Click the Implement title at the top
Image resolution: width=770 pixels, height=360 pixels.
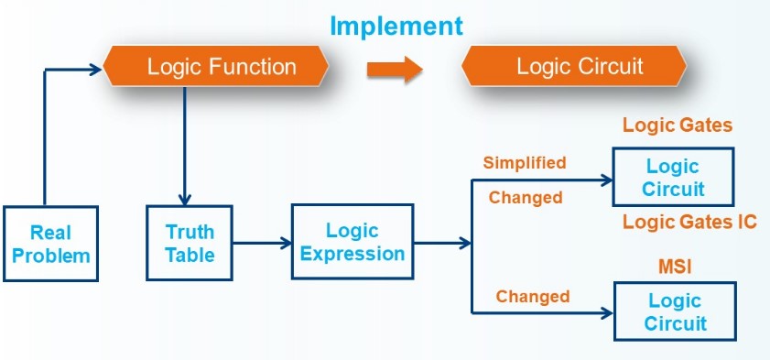coord(396,26)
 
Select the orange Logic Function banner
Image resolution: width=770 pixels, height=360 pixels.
coord(215,66)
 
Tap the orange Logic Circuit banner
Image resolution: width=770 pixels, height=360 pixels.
coord(573,66)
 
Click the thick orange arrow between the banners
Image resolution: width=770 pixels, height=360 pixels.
coord(395,70)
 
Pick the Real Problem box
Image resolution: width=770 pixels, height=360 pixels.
coord(50,244)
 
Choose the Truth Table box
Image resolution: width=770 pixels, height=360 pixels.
coord(189,243)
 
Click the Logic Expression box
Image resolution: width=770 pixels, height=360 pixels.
coord(352,242)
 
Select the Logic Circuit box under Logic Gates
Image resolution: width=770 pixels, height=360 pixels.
coord(673,177)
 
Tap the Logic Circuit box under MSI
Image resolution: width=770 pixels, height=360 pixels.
coord(675,311)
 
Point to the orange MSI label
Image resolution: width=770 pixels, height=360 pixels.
coord(675,267)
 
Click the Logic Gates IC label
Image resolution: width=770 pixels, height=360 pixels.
coord(689,222)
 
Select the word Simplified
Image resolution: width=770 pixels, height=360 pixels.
coord(525,162)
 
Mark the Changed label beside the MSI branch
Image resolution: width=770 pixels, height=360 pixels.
coord(533,297)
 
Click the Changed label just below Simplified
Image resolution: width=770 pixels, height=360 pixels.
coord(526,198)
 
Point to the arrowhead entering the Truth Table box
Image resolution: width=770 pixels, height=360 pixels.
coord(185,200)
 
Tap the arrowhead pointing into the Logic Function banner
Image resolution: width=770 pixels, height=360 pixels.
coord(96,71)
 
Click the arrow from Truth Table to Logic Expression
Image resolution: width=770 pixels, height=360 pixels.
coord(262,243)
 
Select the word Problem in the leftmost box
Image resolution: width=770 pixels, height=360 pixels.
coord(51,256)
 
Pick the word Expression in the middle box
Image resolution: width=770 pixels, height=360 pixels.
coord(352,254)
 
